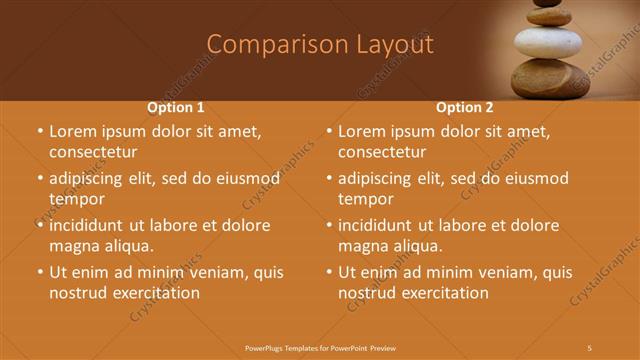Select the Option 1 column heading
176,107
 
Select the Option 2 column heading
465,107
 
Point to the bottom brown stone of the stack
552,82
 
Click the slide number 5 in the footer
590,347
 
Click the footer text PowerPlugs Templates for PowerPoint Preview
320,347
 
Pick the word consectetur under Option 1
92,152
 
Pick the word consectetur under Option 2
381,152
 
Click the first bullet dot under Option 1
40,132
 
